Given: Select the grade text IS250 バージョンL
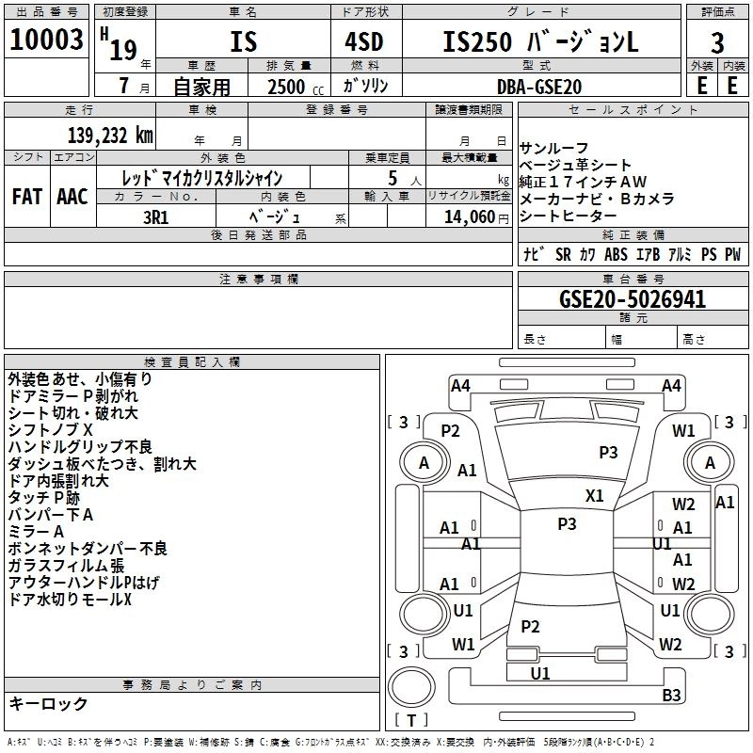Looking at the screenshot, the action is [540, 40].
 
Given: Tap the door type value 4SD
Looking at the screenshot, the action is [358, 40].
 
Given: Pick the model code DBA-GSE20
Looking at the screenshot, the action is [539, 87].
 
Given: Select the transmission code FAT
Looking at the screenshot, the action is [26, 197].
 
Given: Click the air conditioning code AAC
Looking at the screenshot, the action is [72, 197].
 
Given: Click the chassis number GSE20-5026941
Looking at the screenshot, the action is [633, 299].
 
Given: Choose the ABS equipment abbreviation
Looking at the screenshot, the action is [616, 254].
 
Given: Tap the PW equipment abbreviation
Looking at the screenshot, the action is [733, 254].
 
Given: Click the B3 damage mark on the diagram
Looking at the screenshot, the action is [671, 696].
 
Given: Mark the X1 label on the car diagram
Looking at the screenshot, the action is [594, 496].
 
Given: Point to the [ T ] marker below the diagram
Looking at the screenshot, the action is [411, 720].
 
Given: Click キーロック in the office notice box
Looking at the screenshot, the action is [48, 703].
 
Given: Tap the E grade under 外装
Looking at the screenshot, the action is [701, 85].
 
